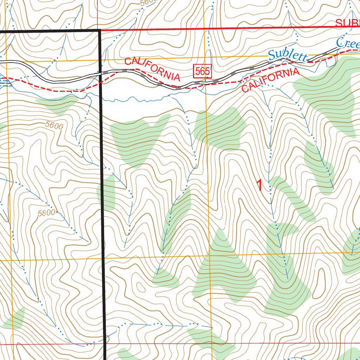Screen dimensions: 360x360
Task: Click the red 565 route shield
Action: [203, 71]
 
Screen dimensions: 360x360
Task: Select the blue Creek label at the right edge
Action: [348, 43]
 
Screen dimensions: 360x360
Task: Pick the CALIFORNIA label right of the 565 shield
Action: [271, 81]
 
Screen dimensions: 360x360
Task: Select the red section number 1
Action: [259, 186]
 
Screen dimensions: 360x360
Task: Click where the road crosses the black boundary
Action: [101, 73]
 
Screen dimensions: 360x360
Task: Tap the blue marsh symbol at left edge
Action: [4, 82]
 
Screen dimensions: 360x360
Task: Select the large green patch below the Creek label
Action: [327, 95]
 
